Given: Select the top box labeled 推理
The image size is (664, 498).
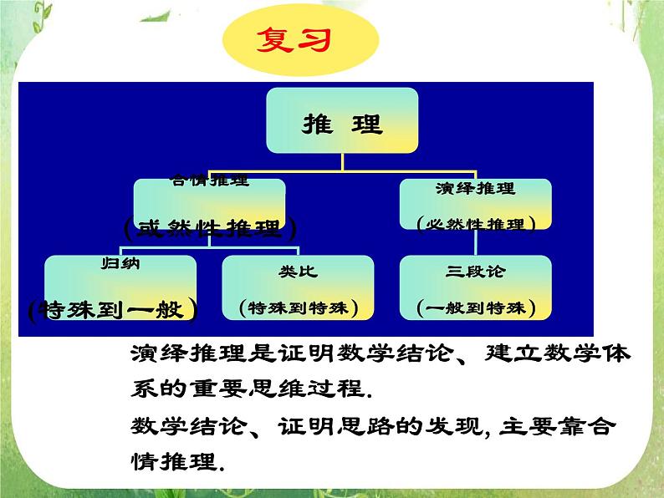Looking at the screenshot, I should (340, 124).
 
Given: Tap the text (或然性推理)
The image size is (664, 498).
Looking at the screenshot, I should (208, 226).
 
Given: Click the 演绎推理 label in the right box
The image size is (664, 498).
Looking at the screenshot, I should (475, 189).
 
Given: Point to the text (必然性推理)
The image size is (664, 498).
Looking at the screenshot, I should (475, 224).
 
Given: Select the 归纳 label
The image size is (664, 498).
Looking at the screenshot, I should (120, 264).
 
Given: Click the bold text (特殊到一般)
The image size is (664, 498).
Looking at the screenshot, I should (112, 308).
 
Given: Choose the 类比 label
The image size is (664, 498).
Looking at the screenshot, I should (297, 272).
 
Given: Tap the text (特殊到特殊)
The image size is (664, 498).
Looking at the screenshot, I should (297, 307).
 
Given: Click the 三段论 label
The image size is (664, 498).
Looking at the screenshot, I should (475, 272).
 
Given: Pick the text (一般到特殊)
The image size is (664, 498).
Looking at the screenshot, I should (475, 307).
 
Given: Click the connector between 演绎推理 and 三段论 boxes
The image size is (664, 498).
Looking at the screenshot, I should (475, 242).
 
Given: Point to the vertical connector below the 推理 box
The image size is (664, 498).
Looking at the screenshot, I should (340, 163).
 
